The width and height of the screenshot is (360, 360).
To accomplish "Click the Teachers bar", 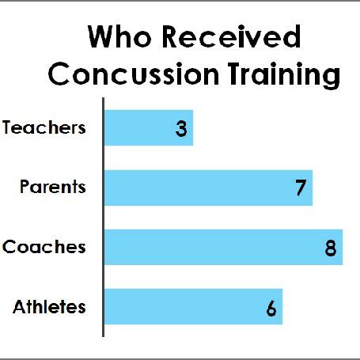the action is click(149, 127).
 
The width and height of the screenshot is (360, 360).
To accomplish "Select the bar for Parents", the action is click(208, 188).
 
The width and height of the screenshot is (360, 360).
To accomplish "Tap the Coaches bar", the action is click(223, 247).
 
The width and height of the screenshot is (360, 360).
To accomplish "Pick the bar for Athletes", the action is click(193, 306).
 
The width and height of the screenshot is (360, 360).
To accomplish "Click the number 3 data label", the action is click(181, 129).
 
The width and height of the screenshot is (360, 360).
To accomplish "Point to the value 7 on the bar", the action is click(301, 188).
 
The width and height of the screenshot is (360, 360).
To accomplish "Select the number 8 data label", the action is click(331, 248).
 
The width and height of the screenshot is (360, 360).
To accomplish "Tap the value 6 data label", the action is click(271, 308).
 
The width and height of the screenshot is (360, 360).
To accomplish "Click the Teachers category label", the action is click(44, 127).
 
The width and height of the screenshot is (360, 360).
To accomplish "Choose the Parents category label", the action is click(53, 187).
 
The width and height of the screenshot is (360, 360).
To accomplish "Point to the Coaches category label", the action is click(44, 247).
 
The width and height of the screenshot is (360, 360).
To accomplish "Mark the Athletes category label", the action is click(49, 307).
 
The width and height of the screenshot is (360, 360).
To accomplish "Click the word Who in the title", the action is click(119, 36).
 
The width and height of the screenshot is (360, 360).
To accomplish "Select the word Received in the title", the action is click(231, 36).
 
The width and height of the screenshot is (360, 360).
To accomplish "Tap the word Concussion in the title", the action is click(134, 74).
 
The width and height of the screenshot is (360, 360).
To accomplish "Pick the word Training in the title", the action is click(284, 75).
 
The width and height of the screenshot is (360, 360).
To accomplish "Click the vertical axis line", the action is click(103, 217).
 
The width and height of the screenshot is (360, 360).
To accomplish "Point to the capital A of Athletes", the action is click(20, 307).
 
